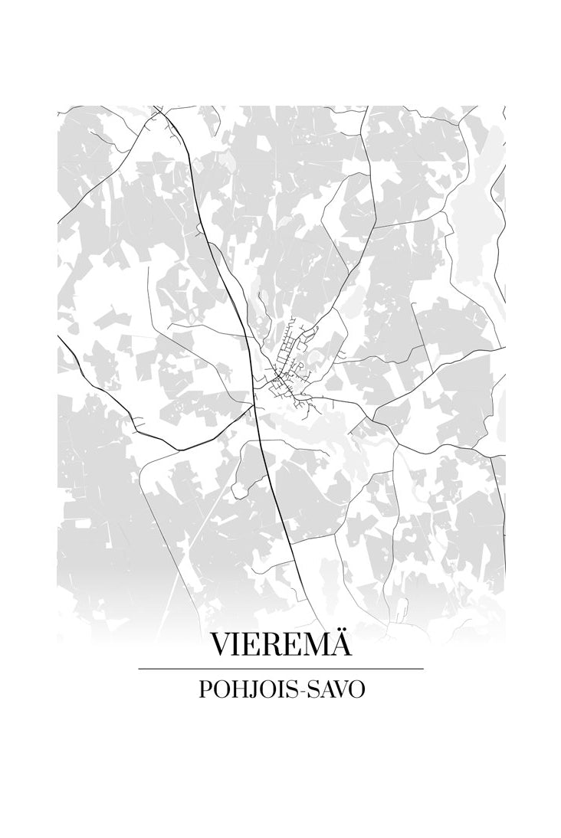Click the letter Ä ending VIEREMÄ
341,644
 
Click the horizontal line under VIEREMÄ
280,669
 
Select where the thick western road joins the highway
254,406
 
